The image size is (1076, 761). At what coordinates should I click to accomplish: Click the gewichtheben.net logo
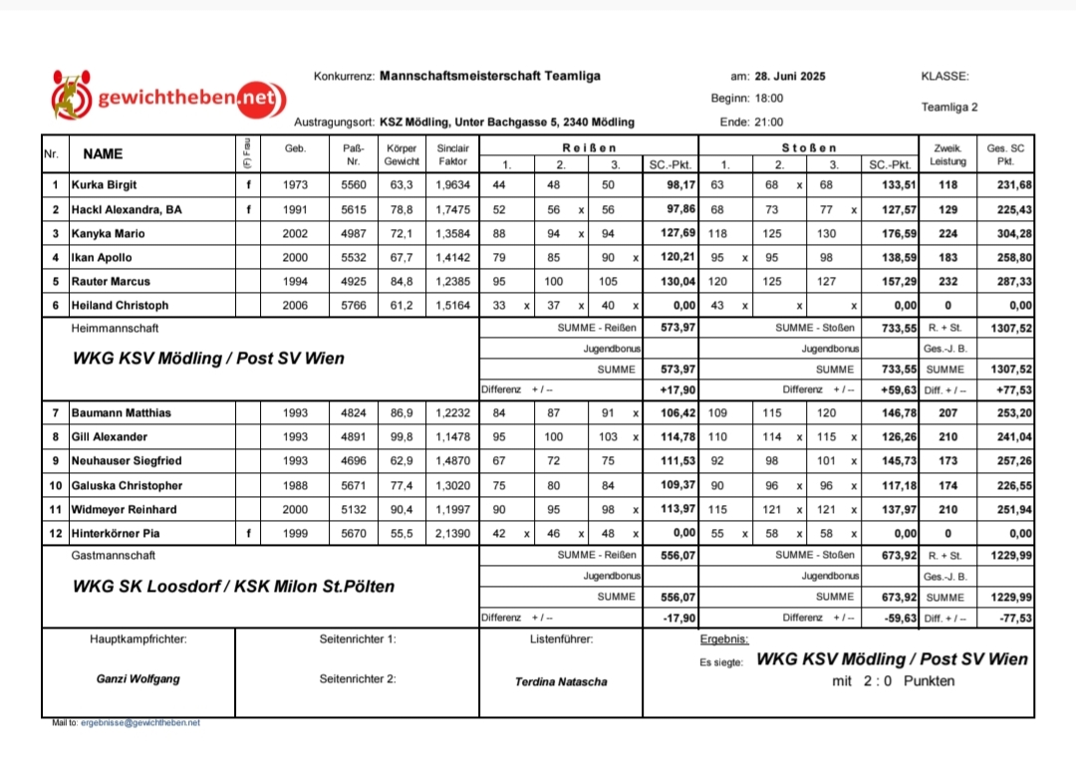[168, 98]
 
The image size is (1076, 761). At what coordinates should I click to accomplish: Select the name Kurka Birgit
[105, 185]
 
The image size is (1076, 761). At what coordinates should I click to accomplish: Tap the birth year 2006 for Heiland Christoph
[295, 306]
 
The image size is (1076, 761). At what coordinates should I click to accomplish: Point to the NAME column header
[103, 154]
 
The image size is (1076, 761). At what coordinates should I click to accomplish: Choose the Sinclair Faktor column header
[452, 154]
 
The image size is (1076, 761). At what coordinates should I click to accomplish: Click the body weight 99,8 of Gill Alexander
[402, 437]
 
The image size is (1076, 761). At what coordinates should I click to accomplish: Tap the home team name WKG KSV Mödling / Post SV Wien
[208, 359]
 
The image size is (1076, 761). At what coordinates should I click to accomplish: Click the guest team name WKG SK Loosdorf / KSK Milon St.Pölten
[233, 587]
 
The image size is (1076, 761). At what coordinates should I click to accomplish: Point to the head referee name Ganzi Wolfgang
[137, 679]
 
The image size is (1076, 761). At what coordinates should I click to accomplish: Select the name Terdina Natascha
[561, 682]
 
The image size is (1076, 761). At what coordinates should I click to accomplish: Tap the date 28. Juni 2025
[790, 77]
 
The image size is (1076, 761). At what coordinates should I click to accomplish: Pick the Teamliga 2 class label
[949, 107]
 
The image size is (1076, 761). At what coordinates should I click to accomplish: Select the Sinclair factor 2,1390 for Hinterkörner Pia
[452, 534]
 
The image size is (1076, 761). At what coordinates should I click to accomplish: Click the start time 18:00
[769, 99]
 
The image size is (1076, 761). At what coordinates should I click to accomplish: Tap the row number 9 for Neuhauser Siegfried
[56, 461]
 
